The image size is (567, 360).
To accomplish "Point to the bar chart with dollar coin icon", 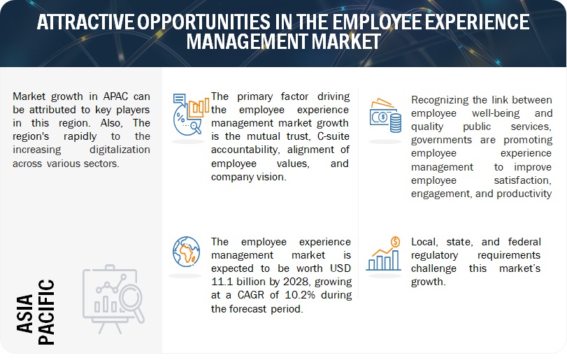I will pos(383,253).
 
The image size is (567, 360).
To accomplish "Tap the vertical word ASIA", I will pos(46,297).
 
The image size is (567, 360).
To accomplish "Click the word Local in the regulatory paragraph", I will pos(426,241).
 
